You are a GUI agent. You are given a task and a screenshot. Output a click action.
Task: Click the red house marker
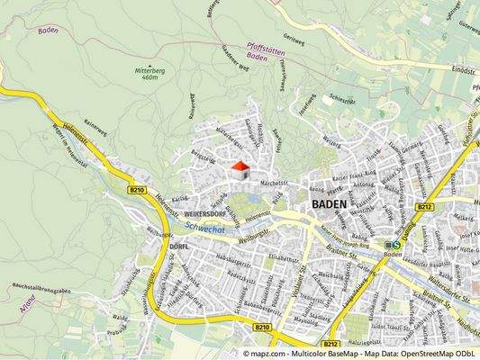point(240,166)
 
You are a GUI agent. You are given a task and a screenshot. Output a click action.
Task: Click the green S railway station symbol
point(396,243)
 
